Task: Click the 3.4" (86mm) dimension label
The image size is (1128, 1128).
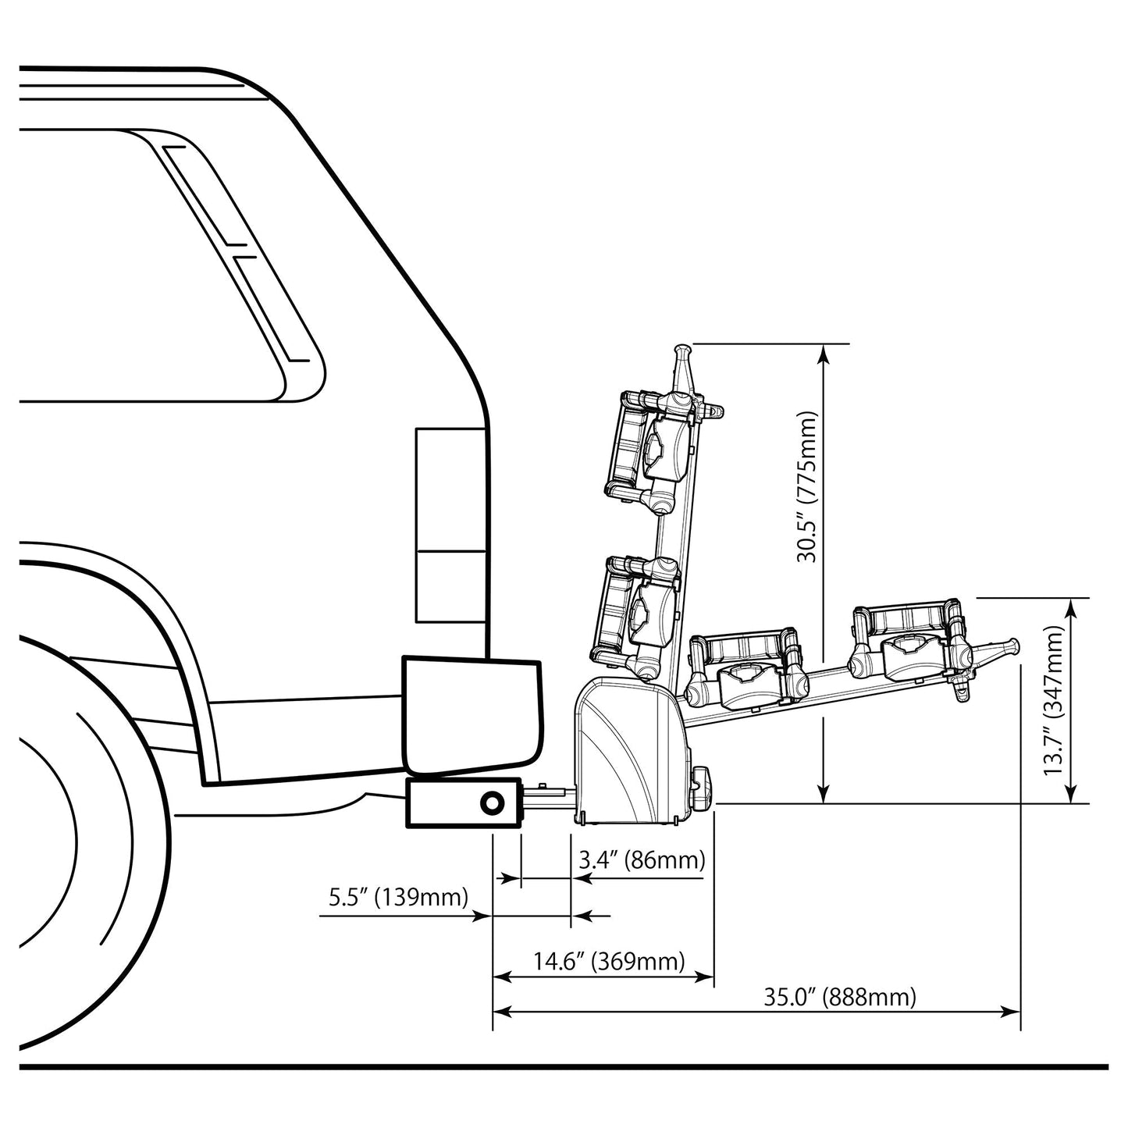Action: coord(642,860)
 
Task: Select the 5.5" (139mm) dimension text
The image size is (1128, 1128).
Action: coord(398,897)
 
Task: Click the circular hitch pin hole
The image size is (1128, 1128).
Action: coord(493,802)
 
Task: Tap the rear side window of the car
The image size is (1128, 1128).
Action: coord(156,265)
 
